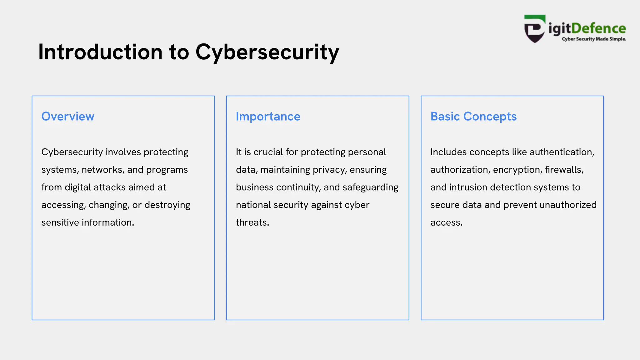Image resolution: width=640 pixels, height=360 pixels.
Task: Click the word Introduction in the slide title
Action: tap(100, 52)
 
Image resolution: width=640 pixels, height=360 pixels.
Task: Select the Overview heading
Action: tap(68, 117)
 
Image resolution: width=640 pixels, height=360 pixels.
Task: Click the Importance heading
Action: tap(268, 117)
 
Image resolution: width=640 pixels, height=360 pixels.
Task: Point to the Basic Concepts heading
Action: tap(473, 117)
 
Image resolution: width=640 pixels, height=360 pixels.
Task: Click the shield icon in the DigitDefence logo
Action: tap(535, 29)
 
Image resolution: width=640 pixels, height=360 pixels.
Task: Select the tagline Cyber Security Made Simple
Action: tap(594, 39)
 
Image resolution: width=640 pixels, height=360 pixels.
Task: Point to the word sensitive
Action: tap(60, 222)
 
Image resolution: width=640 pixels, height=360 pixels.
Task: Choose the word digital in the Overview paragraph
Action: tap(78, 187)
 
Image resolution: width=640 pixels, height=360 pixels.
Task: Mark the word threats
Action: tap(252, 222)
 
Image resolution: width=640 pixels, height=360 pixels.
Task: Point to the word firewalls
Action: tap(564, 170)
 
